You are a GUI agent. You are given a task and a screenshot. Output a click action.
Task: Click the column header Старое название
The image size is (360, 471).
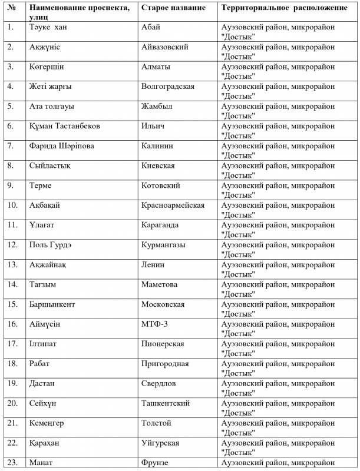tap(173, 8)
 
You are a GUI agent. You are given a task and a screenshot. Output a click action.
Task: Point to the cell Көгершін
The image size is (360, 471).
tap(47, 67)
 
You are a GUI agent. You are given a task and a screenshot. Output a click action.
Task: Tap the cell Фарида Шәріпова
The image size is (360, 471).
tap(61, 146)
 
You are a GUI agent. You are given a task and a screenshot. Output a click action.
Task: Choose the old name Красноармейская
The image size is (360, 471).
tap(173, 205)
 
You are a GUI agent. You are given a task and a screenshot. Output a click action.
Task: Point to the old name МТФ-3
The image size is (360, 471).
tap(156, 324)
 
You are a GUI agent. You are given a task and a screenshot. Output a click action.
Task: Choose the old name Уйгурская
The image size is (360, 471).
tap(160, 443)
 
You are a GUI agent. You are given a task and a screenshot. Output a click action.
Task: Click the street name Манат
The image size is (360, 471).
tap(41, 463)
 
